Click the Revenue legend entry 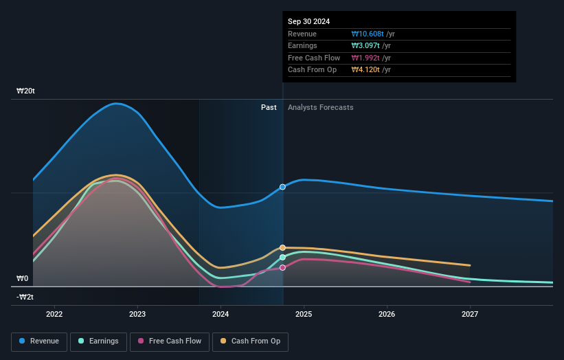point(39,341)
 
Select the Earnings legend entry point(99,341)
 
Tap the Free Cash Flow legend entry point(170,341)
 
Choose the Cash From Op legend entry point(250,341)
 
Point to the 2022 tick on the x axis point(54,315)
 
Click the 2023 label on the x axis point(137,315)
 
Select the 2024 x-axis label point(221,315)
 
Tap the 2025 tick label point(304,315)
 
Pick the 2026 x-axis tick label point(387,315)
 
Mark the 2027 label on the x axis point(470,315)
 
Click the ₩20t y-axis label point(26,91)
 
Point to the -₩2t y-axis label point(26,297)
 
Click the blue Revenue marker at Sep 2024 point(282,187)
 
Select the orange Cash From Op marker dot point(282,247)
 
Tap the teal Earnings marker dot point(282,257)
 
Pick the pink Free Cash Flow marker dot point(282,267)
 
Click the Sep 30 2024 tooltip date point(308,21)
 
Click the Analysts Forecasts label point(321,107)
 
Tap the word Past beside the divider point(269,107)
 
